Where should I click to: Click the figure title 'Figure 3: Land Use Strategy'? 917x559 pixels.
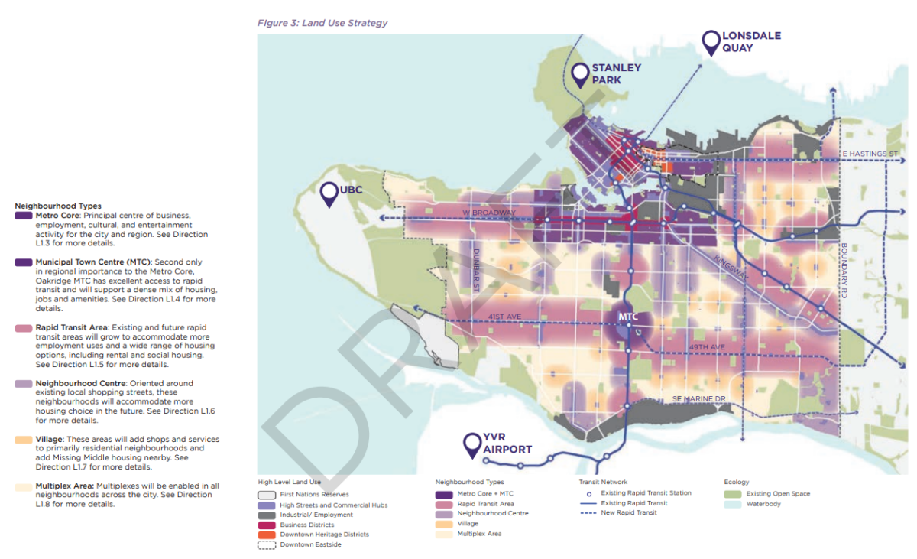pos(322,23)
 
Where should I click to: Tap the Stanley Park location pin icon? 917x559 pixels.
pos(580,73)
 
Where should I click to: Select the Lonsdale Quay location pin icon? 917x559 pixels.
pos(711,42)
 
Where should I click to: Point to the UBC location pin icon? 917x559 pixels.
pos(330,194)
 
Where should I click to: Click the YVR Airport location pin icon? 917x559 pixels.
pos(472,444)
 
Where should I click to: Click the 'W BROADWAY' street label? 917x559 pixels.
pos(489,213)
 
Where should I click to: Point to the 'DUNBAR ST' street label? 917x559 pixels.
pos(476,270)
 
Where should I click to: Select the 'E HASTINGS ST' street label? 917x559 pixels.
pos(869,154)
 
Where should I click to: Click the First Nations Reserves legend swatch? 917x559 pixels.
pos(266,495)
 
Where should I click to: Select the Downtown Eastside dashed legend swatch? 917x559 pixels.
pos(266,544)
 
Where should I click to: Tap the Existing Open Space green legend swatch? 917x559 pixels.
pos(732,494)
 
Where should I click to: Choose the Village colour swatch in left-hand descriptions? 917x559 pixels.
pos(24,440)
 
